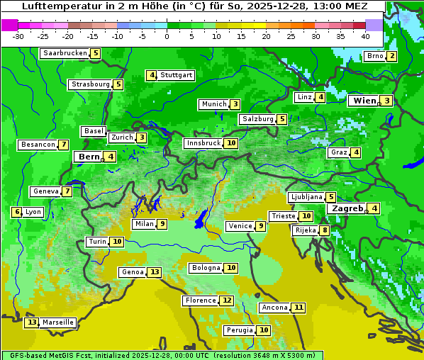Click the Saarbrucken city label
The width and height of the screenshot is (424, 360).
click(x=65, y=53)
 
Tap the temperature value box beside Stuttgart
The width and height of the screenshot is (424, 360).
click(x=151, y=75)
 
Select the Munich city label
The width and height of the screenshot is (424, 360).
click(x=213, y=104)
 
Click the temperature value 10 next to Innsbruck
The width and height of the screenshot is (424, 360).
click(x=231, y=143)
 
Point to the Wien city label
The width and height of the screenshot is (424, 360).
click(x=364, y=101)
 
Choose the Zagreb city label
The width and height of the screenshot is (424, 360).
click(x=347, y=208)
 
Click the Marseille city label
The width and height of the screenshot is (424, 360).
click(x=58, y=322)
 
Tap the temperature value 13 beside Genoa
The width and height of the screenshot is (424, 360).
click(x=155, y=272)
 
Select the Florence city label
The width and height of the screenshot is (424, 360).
click(x=200, y=300)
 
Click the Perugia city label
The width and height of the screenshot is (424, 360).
click(x=239, y=330)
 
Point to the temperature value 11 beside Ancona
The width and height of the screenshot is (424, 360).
click(x=299, y=308)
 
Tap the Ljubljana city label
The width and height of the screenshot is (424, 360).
click(x=306, y=197)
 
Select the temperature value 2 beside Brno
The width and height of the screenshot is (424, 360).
click(x=391, y=57)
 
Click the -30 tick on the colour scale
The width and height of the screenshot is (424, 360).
click(x=18, y=36)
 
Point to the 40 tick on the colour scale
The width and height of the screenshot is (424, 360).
click(x=365, y=36)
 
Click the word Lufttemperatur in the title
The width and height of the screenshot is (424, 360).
click(x=55, y=6)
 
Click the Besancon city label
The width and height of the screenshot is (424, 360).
click(x=38, y=145)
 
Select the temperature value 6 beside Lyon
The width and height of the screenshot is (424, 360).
click(x=16, y=212)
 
